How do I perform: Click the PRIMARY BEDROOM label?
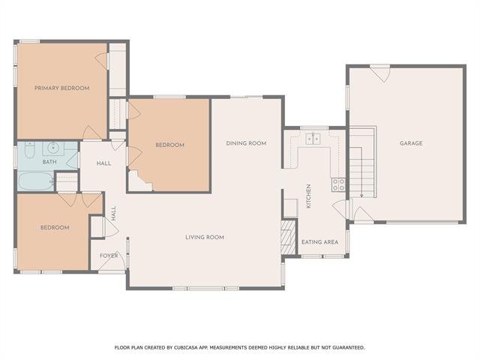coord(61,88)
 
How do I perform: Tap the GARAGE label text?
coord(410,143)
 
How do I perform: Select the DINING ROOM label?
coord(247,143)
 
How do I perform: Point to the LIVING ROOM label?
coord(205,237)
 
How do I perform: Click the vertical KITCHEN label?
coord(308,196)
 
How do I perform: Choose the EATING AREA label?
coord(319,242)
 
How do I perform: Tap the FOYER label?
coord(109,256)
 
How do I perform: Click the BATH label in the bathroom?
coord(49,162)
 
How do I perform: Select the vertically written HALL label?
coord(114,214)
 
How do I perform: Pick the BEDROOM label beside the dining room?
coord(169,145)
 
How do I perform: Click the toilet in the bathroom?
coord(28,151)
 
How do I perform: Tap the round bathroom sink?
coord(54,148)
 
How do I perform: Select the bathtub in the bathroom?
coord(35,181)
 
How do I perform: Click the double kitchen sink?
coord(313,138)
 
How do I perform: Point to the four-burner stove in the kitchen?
coord(338,183)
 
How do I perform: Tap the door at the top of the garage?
coord(379,73)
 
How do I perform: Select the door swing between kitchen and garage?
coord(339,207)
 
